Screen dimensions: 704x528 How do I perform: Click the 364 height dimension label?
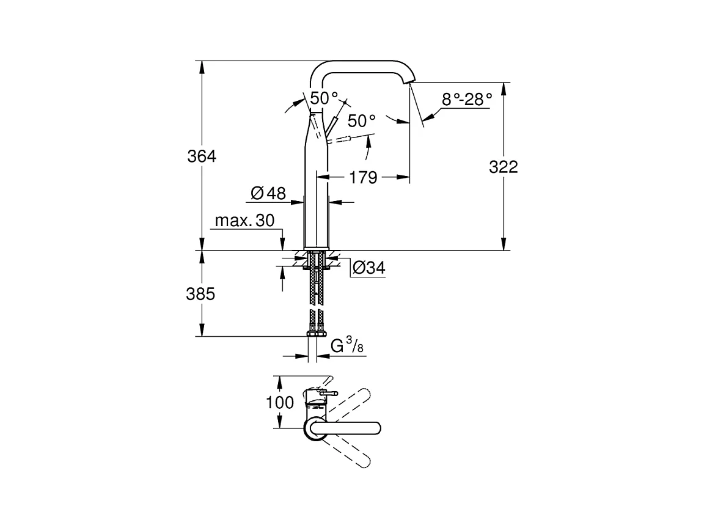click(x=202, y=156)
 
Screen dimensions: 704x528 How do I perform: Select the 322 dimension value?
click(x=504, y=167)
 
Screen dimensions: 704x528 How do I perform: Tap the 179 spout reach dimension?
click(x=363, y=178)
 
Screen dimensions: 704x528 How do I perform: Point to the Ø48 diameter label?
click(x=268, y=193)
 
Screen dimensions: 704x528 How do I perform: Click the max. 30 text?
click(x=244, y=221)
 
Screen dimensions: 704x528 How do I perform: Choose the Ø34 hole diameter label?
click(x=369, y=268)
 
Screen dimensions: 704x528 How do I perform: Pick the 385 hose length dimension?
click(x=200, y=294)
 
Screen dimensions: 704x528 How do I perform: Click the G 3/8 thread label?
click(x=347, y=346)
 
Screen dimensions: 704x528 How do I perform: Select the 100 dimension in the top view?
click(x=280, y=402)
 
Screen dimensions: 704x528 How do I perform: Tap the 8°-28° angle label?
click(x=467, y=99)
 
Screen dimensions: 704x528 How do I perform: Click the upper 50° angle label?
click(x=324, y=97)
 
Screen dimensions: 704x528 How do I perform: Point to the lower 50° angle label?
click(x=361, y=120)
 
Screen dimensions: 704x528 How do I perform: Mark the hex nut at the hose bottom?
click(x=316, y=333)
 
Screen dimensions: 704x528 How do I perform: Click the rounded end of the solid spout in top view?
click(x=376, y=428)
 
